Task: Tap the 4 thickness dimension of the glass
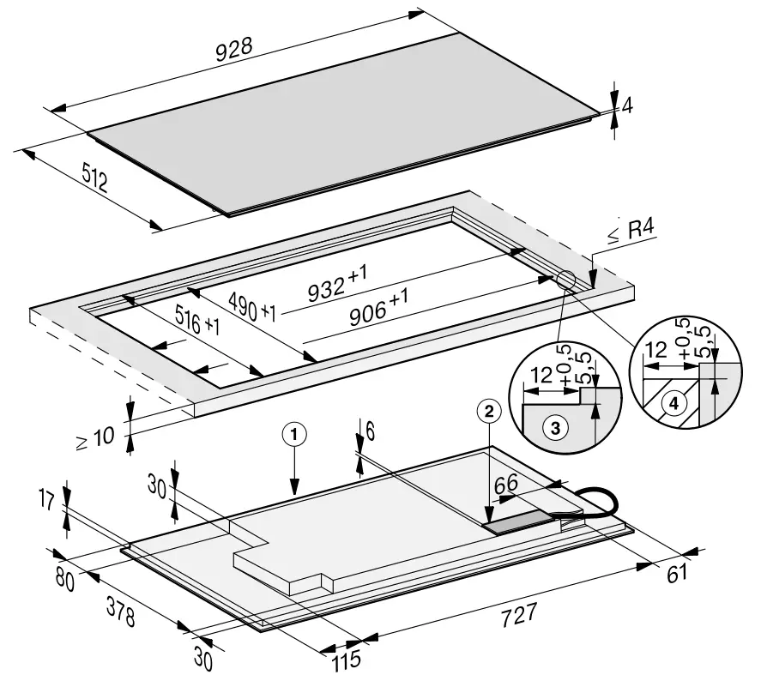pos(627,105)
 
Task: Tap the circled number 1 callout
pos(293,435)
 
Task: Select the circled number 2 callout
pos(488,412)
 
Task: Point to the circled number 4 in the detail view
pos(674,402)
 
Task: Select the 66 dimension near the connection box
pos(505,485)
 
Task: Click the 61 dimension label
pos(678,574)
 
